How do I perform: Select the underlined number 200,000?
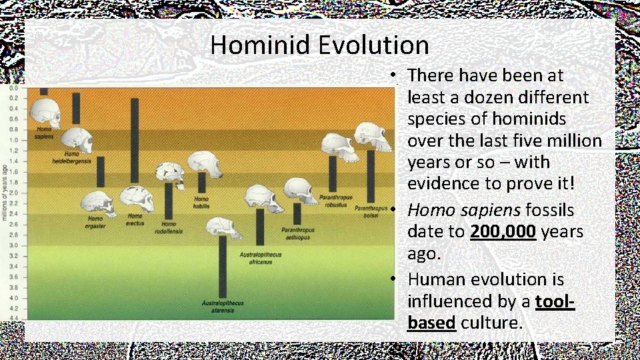click(503, 232)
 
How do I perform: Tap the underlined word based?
click(431, 323)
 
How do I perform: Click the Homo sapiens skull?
click(47, 111)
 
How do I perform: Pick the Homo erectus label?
click(135, 219)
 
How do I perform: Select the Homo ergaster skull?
click(98, 203)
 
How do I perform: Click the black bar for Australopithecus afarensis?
click(223, 266)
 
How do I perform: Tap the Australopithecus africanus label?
click(261, 259)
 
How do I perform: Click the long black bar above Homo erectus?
click(135, 140)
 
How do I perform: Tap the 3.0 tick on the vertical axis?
click(13, 245)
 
